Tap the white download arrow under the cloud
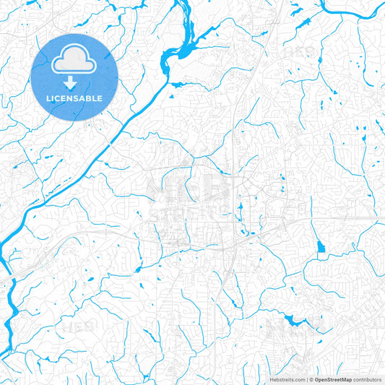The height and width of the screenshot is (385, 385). (x=74, y=81)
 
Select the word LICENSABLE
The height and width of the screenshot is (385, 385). (x=74, y=98)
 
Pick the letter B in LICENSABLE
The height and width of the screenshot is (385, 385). (x=90, y=98)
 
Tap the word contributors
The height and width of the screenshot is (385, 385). (x=368, y=379)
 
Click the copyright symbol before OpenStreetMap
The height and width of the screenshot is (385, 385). (x=311, y=379)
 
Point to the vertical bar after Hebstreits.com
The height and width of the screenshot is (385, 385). (x=307, y=379)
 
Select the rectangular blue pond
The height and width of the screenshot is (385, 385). (x=321, y=247)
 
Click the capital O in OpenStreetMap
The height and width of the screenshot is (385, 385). (x=317, y=379)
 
